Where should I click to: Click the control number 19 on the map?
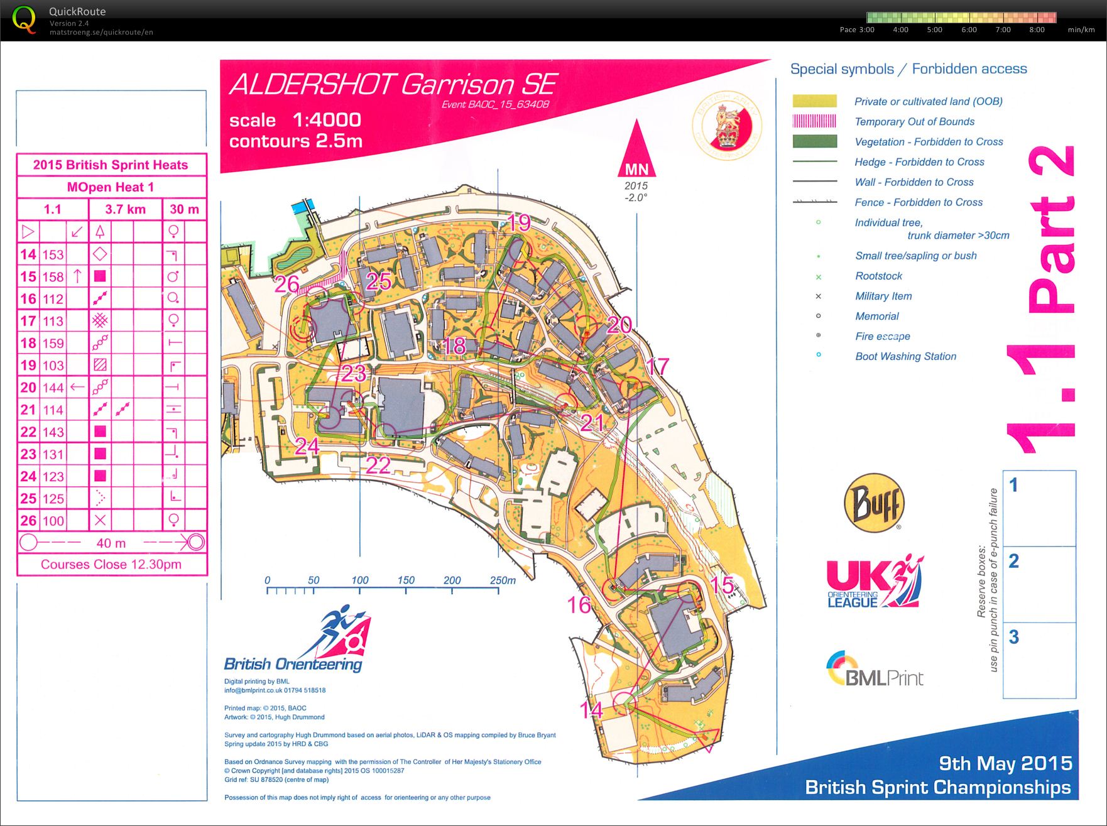pos(519,222)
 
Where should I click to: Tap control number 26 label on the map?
pos(286,284)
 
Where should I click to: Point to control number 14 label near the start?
pos(591,710)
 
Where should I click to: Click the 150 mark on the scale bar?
pos(406,580)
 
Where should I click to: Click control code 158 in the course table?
pos(53,276)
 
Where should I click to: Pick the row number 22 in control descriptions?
pos(28,432)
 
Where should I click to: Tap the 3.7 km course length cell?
pos(125,209)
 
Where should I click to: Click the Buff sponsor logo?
pos(874,503)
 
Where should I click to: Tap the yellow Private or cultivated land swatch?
pos(814,101)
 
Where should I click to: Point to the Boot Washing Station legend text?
pos(905,356)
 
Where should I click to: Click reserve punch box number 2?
pos(1039,584)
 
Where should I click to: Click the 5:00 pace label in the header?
pos(934,30)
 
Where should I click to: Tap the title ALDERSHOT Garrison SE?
pos(393,85)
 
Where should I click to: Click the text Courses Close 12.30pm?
pos(111,564)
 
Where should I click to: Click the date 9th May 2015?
pos(1005,763)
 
